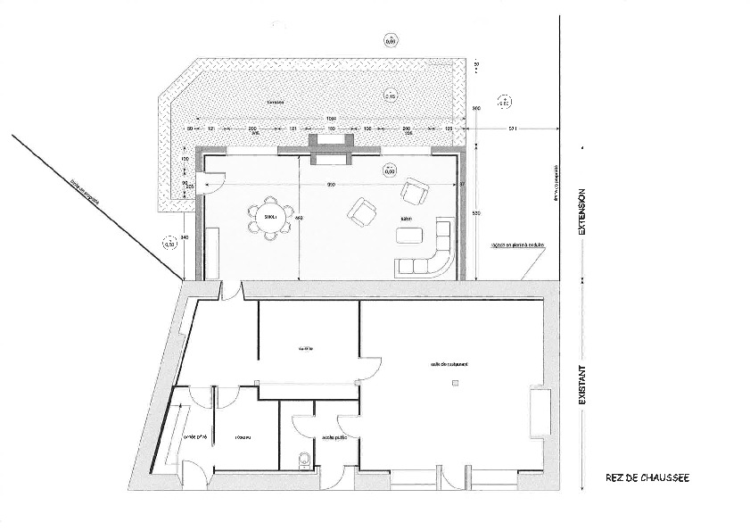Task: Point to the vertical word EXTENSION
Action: pyautogui.click(x=581, y=212)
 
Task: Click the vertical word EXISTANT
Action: pyautogui.click(x=581, y=384)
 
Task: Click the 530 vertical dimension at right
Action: pyautogui.click(x=477, y=213)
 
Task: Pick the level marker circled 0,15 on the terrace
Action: pyautogui.click(x=390, y=95)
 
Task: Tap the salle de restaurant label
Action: pyautogui.click(x=449, y=364)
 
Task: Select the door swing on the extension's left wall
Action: pyautogui.click(x=211, y=182)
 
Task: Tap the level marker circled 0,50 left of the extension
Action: pyautogui.click(x=171, y=242)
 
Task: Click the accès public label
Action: pyautogui.click(x=310, y=437)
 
